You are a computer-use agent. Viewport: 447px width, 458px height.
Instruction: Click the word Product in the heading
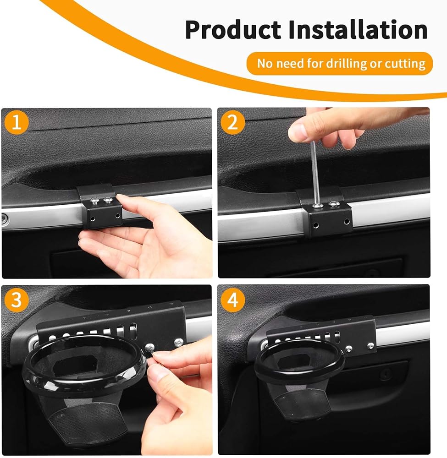[233, 30]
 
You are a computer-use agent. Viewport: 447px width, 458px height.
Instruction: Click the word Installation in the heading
[358, 29]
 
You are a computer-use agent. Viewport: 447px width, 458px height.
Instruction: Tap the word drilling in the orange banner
[347, 64]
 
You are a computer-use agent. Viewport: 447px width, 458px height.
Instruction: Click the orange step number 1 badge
[17, 122]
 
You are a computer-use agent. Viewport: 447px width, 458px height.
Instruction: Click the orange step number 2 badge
[232, 122]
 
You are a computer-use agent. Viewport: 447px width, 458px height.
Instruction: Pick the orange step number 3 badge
[17, 300]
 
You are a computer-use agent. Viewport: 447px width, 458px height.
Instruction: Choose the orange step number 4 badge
[232, 300]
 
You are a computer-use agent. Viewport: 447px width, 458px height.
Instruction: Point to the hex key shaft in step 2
[315, 172]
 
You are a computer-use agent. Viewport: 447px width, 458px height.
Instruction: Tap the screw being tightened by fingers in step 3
[149, 348]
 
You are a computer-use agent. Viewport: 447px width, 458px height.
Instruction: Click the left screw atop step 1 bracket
[94, 201]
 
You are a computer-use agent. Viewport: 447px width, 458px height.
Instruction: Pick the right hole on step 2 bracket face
[347, 222]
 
